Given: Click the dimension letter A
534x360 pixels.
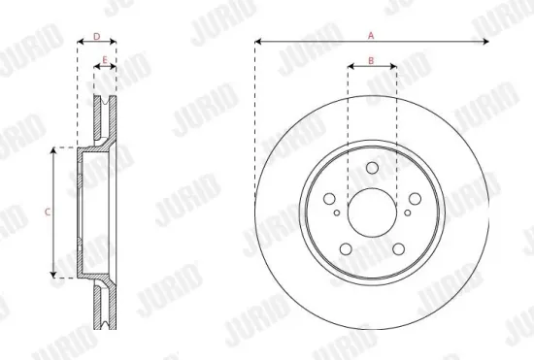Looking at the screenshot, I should point(371,35).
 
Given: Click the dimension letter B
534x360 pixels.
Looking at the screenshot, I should point(372,61).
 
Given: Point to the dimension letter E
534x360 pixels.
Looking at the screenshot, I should point(105,60).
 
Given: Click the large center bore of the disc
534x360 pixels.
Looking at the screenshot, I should point(372,211).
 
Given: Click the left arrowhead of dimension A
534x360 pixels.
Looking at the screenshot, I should point(257,42).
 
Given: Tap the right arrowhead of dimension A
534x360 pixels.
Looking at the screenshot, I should point(485,42).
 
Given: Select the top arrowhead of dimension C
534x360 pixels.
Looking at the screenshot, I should point(54,150).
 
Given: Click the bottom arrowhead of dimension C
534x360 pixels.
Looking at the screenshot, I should point(54,275).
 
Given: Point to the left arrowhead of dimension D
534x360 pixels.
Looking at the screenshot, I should point(79,43).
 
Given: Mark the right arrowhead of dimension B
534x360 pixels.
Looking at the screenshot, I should point(392,68).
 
